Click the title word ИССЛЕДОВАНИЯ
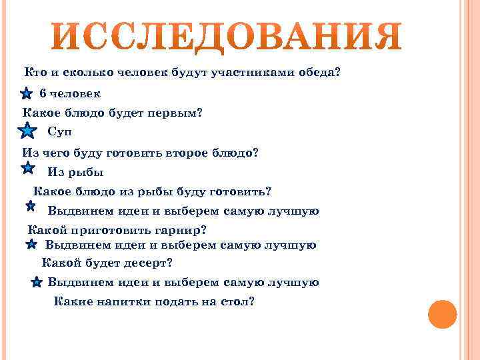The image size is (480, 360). pos(227,39)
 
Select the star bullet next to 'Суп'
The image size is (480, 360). pos(26,131)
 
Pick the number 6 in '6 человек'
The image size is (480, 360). pos(43,94)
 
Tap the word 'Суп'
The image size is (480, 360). pos(59,131)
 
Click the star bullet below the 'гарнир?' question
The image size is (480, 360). pos(31,246)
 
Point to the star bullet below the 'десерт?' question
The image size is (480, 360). pos(37,283)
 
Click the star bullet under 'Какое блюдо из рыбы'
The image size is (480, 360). pos(31,207)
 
